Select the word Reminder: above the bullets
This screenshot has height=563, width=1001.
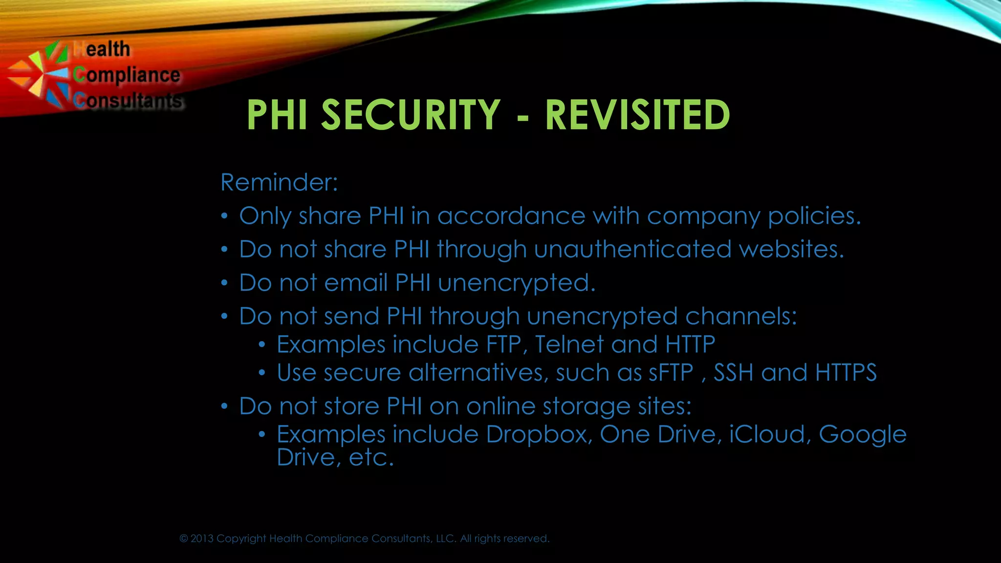[279, 182]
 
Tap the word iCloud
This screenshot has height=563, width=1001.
[766, 434]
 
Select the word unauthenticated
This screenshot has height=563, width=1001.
[632, 249]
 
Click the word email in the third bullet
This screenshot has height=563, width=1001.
[355, 282]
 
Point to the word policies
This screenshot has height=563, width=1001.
[814, 216]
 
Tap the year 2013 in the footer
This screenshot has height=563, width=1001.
[202, 539]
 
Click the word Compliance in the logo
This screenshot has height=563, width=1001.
[127, 75]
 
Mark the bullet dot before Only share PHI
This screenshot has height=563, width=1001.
[224, 216]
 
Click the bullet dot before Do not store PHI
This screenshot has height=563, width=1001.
[224, 406]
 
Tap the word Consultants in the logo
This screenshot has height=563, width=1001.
[128, 101]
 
